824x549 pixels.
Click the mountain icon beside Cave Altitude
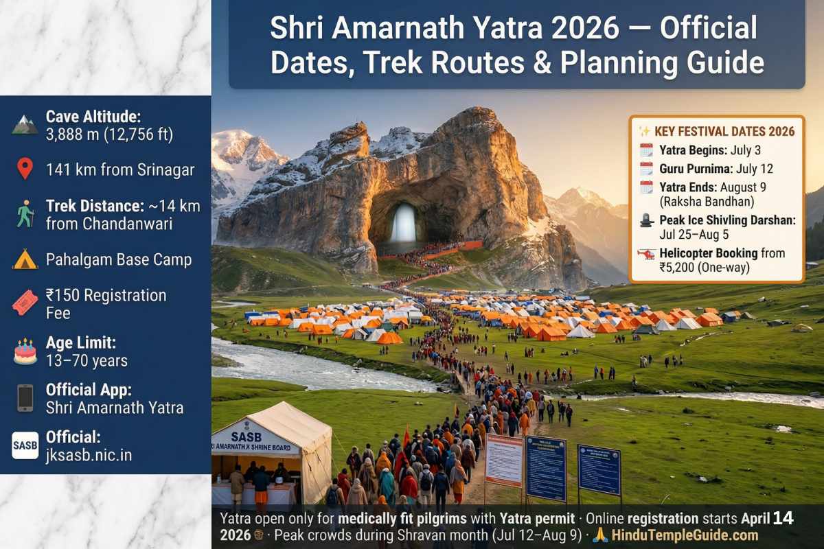pos(25,125)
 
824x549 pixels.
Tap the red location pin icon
pos(25,168)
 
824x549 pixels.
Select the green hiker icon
pos(25,213)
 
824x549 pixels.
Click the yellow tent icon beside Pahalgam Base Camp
pos(25,259)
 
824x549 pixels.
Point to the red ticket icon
pos(25,303)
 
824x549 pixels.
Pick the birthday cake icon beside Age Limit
pos(25,351)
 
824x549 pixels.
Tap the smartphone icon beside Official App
pos(25,398)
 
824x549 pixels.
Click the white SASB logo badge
pos(25,445)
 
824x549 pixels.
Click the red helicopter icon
pos(646,253)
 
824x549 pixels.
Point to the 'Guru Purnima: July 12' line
pos(708,168)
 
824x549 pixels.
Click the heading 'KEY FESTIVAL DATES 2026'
pos(724,131)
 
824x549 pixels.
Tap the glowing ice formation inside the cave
pos(403,223)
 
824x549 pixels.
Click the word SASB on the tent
pos(246,436)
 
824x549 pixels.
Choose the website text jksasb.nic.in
pos(89,454)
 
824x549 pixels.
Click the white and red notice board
pos(503,460)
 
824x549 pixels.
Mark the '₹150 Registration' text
pos(106,296)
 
